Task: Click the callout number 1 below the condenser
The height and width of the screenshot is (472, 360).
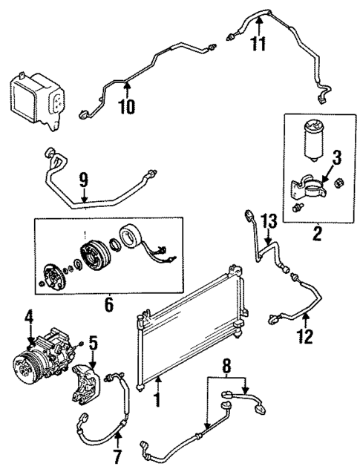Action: pos(157,401)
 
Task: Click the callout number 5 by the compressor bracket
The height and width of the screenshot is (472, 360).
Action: pos(93,343)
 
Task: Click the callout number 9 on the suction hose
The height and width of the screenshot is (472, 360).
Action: pos(83,179)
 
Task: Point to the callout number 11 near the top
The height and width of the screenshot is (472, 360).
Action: pos(258,43)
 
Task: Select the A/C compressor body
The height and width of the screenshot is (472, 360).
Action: pos(45,360)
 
